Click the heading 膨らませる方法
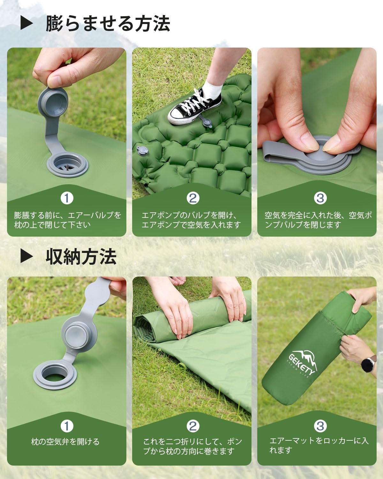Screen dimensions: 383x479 click(x=108, y=23)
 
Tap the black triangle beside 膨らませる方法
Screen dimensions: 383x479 click(x=26, y=23)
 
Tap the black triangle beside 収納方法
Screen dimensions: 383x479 click(x=26, y=256)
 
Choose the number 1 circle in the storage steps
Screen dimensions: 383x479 click(x=67, y=426)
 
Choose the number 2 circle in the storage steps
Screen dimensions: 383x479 click(x=193, y=426)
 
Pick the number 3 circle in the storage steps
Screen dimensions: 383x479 click(x=320, y=426)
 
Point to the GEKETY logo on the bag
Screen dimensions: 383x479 click(x=303, y=363)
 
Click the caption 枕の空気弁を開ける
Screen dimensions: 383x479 click(x=65, y=442)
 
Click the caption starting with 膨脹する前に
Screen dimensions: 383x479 click(x=67, y=220)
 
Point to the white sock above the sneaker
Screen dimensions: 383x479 click(x=213, y=88)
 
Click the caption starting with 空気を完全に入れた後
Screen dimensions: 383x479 click(x=318, y=220)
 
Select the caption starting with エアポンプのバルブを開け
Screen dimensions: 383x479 click(x=191, y=220)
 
